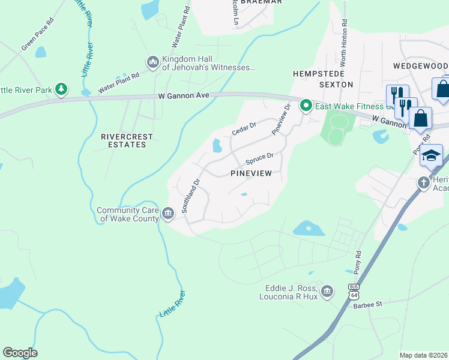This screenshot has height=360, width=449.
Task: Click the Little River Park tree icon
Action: tap(61, 89)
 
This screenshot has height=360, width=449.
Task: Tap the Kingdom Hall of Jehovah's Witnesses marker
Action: tap(152, 62)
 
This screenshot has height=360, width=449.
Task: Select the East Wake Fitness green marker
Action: tap(306, 107)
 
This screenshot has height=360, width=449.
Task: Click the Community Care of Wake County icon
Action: tap(168, 211)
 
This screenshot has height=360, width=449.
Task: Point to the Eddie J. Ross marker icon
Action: tap(327, 292)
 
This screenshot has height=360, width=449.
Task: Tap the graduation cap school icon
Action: tap(431, 156)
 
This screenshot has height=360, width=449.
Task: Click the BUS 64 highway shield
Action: tap(354, 292)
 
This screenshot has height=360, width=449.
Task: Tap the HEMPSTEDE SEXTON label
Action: tap(323, 79)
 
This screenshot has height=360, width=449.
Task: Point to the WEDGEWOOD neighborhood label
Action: tap(421, 65)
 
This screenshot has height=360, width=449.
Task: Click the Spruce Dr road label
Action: tap(259, 159)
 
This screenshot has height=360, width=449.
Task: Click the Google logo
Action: tap(20, 353)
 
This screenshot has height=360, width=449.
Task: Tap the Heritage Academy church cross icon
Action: tap(424, 181)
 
